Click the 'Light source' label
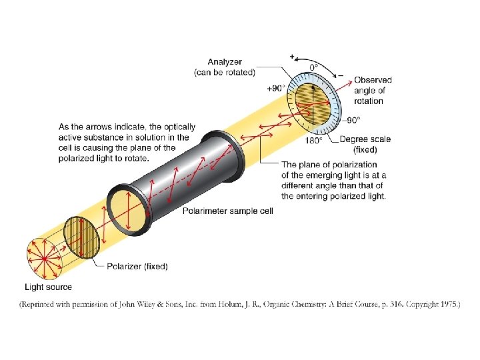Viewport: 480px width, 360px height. point(48,287)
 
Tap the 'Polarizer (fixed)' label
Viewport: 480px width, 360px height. point(137,266)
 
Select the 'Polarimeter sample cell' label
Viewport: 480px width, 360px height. point(228,211)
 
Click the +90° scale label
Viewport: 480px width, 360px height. point(277,88)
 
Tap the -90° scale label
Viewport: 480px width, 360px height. point(351,120)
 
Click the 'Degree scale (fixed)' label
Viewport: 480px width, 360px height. point(365,144)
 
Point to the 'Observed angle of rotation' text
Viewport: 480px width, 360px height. point(373,91)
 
